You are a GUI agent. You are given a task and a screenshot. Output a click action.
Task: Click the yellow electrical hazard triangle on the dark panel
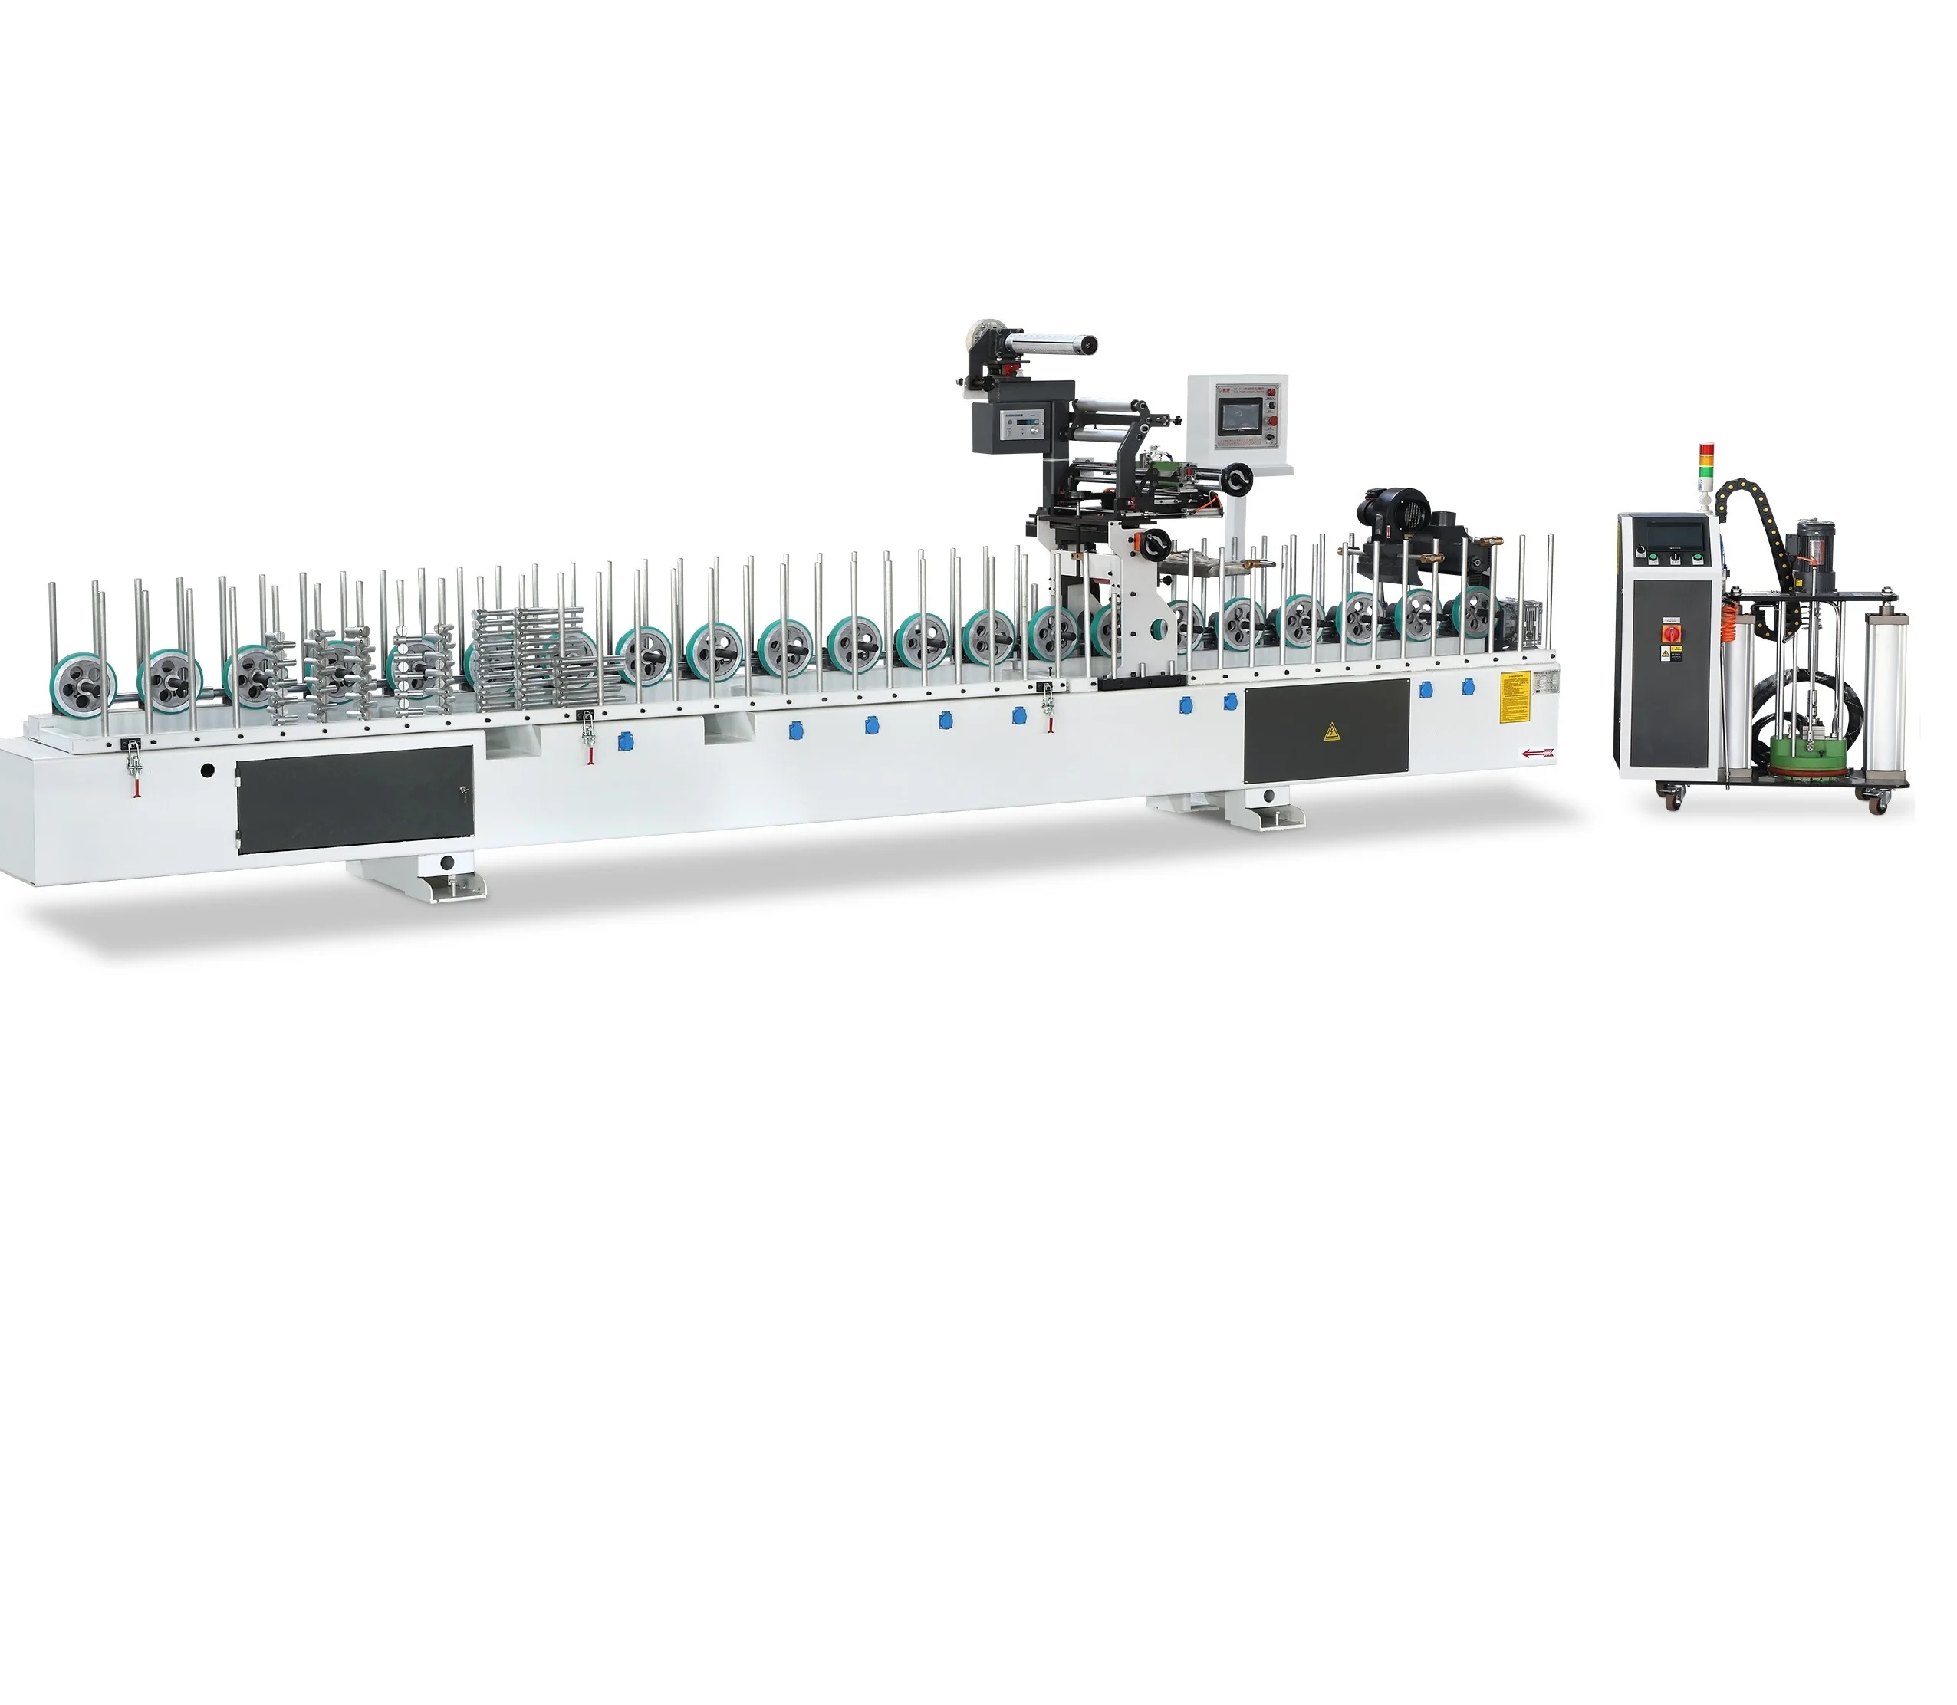(1329, 731)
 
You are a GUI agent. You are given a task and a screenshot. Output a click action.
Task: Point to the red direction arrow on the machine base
(1535, 754)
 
